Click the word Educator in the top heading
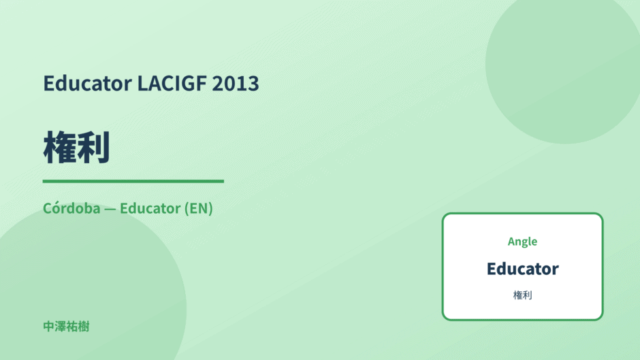pyautogui.click(x=88, y=83)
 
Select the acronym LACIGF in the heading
pyautogui.click(x=172, y=83)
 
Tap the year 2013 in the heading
pyautogui.click(x=236, y=83)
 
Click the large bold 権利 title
pyautogui.click(x=76, y=148)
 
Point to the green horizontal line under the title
pyautogui.click(x=133, y=181)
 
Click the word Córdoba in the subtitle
pyautogui.click(x=71, y=208)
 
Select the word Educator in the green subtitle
pyautogui.click(x=150, y=208)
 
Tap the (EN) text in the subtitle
pyautogui.click(x=198, y=208)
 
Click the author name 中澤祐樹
pyautogui.click(x=66, y=327)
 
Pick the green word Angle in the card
pyautogui.click(x=522, y=242)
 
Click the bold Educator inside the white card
pyautogui.click(x=522, y=269)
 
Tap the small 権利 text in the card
pyautogui.click(x=522, y=295)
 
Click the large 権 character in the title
pyautogui.click(x=60, y=148)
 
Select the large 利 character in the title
pyautogui.click(x=93, y=148)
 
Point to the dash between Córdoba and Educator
pyautogui.click(x=110, y=209)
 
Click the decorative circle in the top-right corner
pyautogui.click(x=563, y=69)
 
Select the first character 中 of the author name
pyautogui.click(x=48, y=327)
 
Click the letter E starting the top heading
pyautogui.click(x=48, y=83)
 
